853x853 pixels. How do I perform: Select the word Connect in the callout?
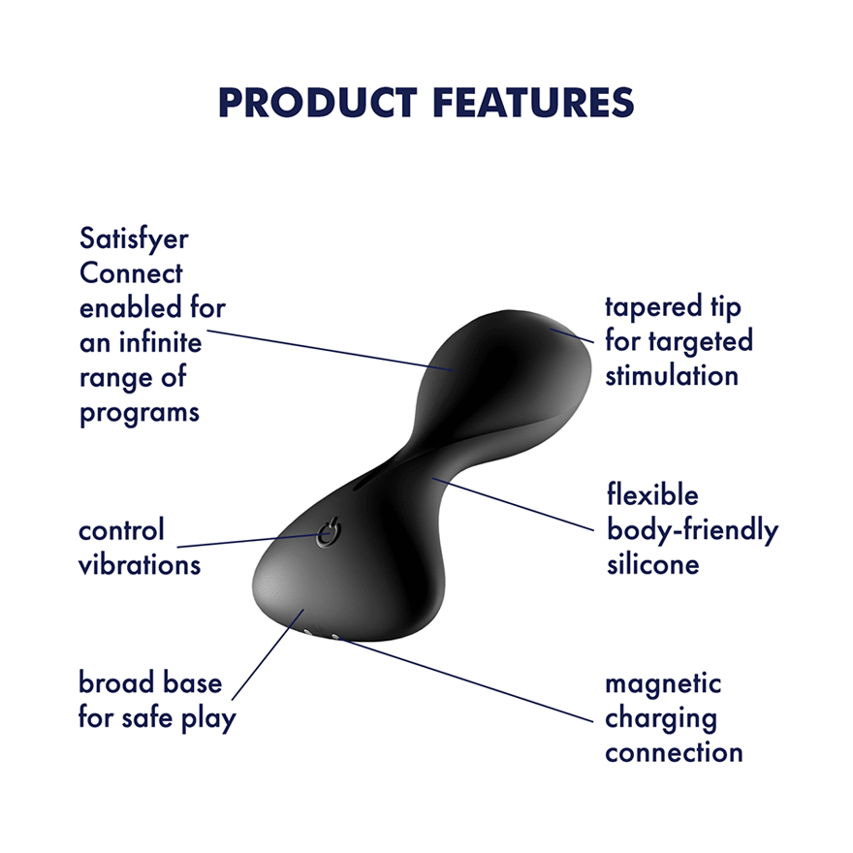click(131, 273)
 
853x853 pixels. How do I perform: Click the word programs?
click(140, 412)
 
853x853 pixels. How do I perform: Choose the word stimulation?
click(672, 376)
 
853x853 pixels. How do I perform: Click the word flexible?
click(652, 495)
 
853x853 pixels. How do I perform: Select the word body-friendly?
click(692, 530)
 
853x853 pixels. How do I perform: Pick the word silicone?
click(653, 564)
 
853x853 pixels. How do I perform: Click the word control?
click(122, 530)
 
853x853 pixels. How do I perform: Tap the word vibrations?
click(140, 564)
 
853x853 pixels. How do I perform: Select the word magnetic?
click(664, 683)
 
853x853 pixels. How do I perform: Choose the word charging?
click(661, 718)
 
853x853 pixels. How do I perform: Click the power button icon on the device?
click(329, 534)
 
